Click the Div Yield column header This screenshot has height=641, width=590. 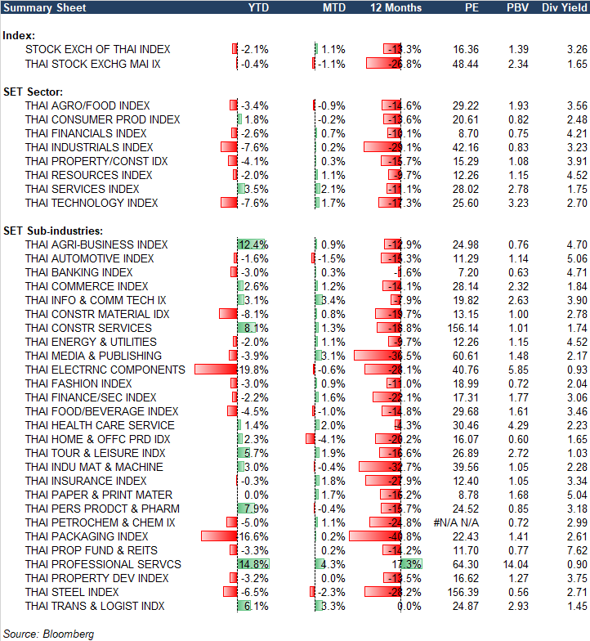564,7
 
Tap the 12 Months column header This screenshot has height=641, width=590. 396,7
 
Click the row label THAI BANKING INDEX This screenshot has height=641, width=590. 78,272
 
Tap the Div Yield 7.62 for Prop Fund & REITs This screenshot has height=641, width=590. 577,550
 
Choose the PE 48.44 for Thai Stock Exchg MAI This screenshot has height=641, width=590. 464,63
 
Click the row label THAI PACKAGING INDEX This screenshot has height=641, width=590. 87,536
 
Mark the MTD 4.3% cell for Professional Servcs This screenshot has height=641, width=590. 333,564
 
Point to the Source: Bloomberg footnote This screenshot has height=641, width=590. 49,634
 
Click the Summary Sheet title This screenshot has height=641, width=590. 37,7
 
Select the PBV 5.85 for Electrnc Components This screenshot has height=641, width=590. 519,370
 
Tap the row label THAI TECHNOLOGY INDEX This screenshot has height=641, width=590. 92,203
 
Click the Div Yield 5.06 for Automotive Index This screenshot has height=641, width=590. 577,258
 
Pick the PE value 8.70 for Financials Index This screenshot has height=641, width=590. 467,133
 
